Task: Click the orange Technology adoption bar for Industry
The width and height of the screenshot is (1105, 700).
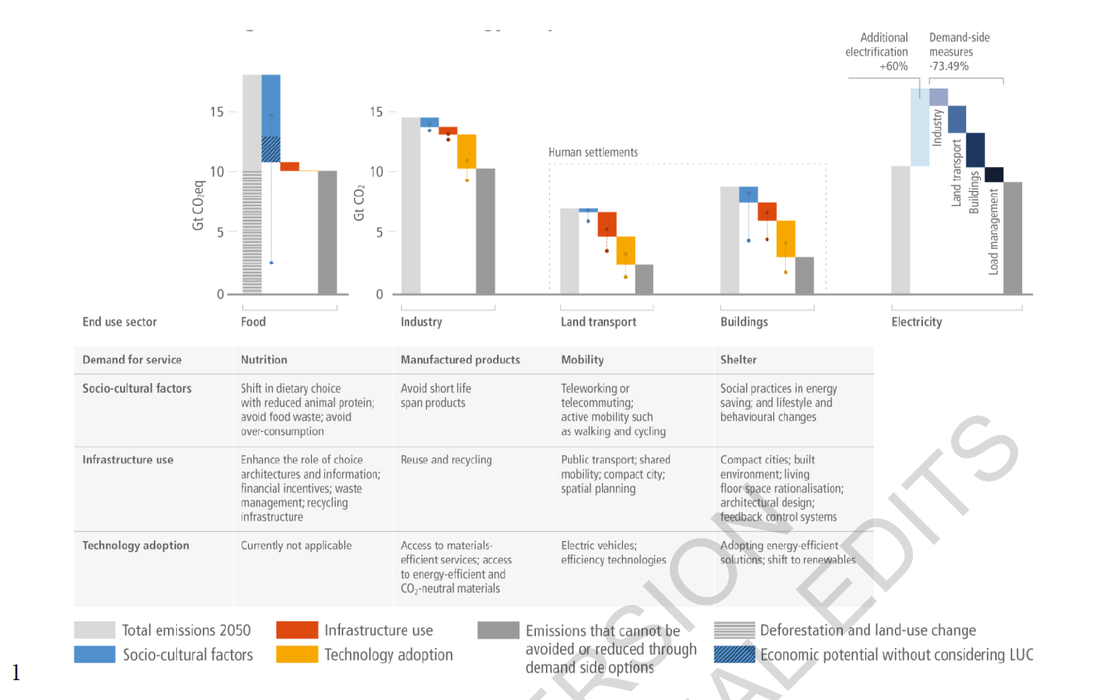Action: point(466,151)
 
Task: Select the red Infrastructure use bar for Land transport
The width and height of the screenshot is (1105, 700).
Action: point(607,224)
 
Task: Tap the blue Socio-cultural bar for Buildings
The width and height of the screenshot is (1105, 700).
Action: point(749,194)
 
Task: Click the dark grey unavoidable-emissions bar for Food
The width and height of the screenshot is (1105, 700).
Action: point(328,233)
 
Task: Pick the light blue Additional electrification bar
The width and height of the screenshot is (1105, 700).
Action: point(920,127)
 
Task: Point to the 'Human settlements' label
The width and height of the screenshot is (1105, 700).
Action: point(593,152)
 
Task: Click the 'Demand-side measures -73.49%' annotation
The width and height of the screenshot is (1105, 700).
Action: point(959,51)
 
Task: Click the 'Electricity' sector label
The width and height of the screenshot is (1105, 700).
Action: point(916,322)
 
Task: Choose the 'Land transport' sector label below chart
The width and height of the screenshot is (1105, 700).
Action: point(598,322)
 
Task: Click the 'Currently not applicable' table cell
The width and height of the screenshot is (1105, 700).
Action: point(296,545)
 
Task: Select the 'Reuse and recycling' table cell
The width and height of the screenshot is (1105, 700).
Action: point(446,459)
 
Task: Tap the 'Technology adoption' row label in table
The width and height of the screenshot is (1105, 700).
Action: point(136,545)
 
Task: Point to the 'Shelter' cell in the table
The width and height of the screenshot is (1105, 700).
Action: point(739,360)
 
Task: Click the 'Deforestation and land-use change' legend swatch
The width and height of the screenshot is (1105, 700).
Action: point(734,630)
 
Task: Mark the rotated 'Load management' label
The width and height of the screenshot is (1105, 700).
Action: point(993,231)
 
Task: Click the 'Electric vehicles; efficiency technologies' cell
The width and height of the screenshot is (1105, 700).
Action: point(613,553)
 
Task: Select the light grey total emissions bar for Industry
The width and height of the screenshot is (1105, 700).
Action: point(410,206)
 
